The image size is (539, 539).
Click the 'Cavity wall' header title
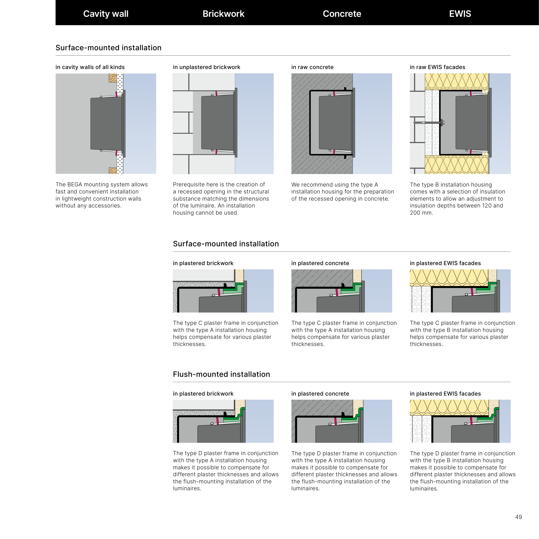click(x=106, y=14)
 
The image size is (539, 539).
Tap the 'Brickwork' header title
click(x=223, y=14)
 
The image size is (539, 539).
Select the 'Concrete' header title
click(x=342, y=14)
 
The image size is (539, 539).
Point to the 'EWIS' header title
click(x=460, y=14)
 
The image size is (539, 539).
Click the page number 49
click(x=518, y=517)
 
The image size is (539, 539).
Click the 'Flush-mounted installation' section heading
click(x=221, y=374)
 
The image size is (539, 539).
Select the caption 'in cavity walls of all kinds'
click(x=90, y=67)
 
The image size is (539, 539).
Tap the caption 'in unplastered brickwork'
click(x=206, y=67)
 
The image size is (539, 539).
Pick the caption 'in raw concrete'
click(x=312, y=67)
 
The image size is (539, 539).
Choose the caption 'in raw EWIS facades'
click(x=437, y=67)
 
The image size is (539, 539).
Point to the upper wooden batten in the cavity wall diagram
click(x=113, y=78)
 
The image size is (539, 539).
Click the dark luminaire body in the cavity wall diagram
click(x=106, y=123)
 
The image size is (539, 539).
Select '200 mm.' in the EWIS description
click(x=421, y=213)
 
